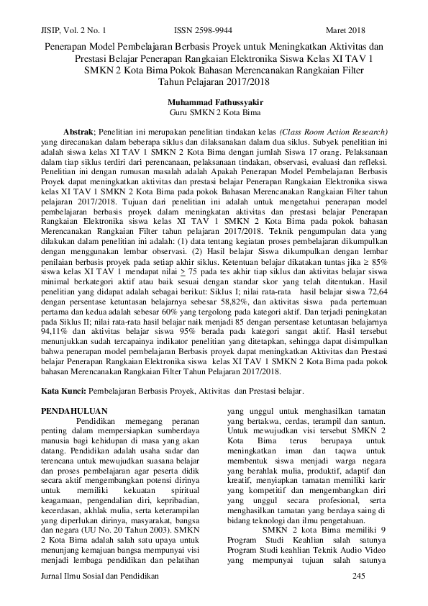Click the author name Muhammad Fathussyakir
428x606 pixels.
click(214, 103)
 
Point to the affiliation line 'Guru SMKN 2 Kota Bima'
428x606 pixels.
click(214, 113)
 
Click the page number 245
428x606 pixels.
click(362, 577)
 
